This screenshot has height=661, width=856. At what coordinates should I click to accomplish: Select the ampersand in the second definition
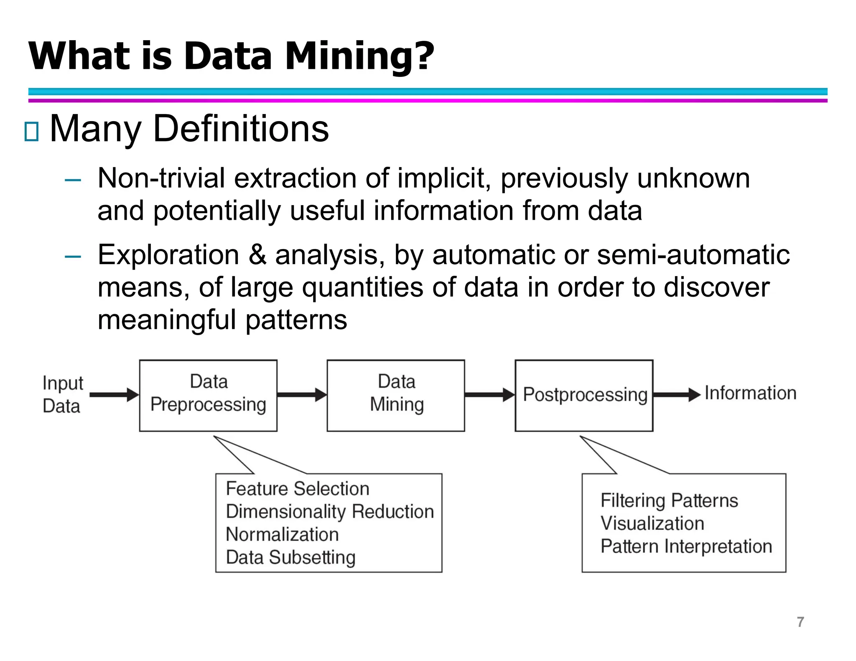tap(257, 255)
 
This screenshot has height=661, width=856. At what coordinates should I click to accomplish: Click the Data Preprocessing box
tap(208, 395)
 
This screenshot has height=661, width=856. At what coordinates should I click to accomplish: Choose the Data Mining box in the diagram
tap(395, 395)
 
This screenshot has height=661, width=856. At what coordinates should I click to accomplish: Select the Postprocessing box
tap(584, 395)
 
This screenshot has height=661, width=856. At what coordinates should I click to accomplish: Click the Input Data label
tap(63, 394)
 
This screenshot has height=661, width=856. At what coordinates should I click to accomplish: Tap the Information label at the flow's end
tap(750, 393)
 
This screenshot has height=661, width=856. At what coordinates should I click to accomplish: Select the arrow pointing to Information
tap(676, 394)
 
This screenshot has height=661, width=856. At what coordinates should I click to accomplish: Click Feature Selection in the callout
tap(298, 489)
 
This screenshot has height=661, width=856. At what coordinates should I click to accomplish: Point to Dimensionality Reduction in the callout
tap(330, 512)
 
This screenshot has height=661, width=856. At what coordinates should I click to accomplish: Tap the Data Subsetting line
tap(290, 557)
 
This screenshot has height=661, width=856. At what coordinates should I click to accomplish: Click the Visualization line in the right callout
tap(652, 524)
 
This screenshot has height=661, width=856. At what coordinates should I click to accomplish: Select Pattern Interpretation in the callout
tap(686, 547)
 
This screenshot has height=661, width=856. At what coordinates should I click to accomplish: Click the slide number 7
tap(800, 622)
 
